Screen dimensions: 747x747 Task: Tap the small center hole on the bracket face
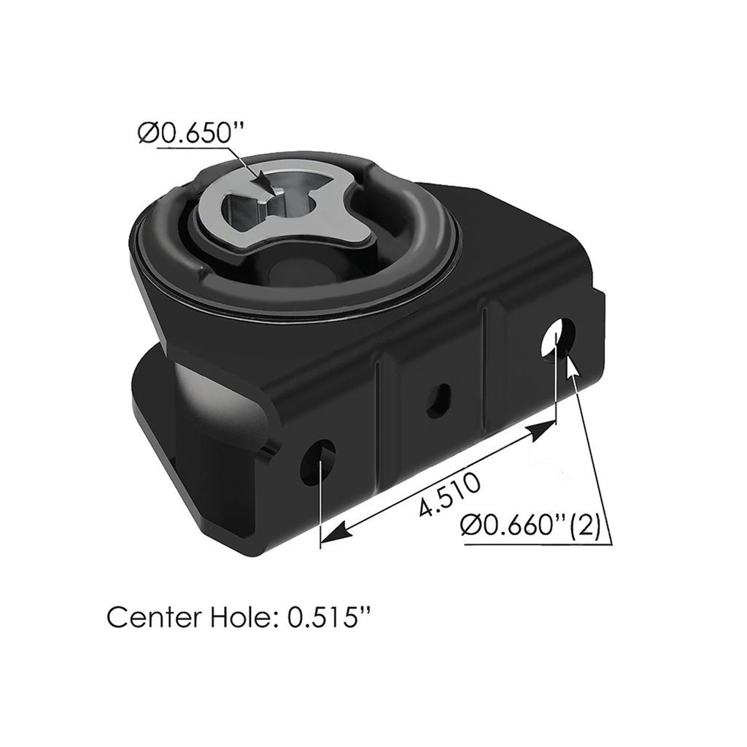[x=438, y=400]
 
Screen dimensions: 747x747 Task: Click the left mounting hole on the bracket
[x=319, y=462]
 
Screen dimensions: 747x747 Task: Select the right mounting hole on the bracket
[x=558, y=337]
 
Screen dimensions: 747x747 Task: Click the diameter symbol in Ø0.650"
[x=148, y=133]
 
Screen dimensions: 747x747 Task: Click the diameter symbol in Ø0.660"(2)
[x=472, y=525]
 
